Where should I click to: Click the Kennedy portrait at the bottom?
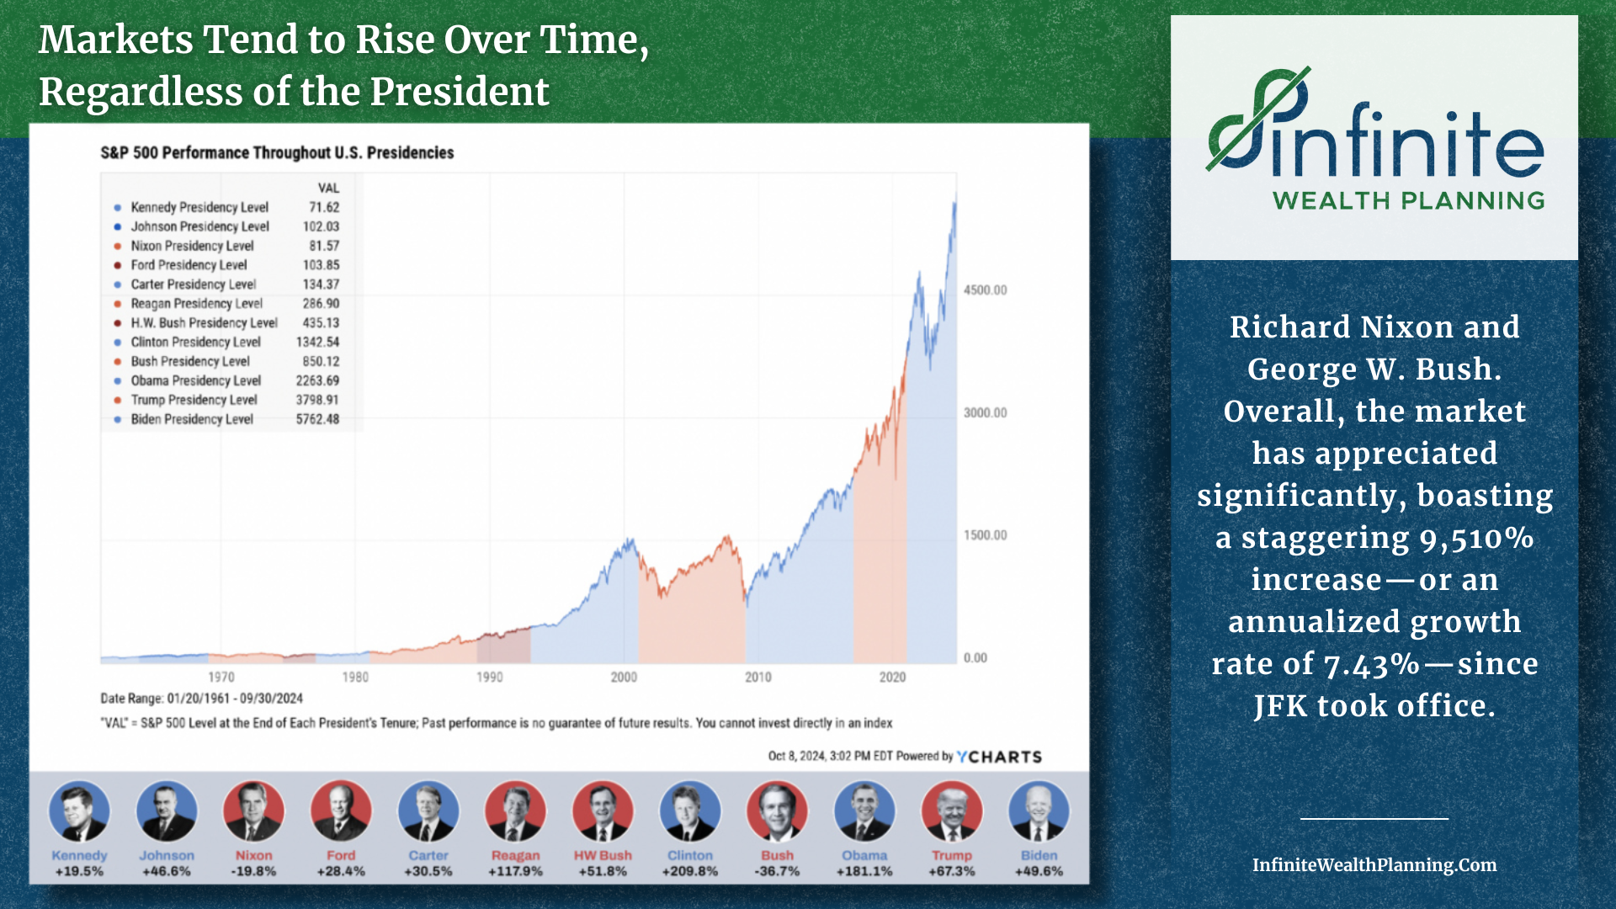point(79,811)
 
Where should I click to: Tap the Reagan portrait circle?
point(515,811)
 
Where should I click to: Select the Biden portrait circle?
point(1039,811)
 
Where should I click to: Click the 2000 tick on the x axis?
point(624,678)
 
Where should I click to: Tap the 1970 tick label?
point(221,678)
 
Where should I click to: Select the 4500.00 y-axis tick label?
point(985,290)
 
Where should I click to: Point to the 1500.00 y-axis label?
point(985,535)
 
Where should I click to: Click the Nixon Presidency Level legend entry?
point(192,246)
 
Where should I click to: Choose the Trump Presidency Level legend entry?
point(194,400)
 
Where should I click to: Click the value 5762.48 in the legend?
point(317,419)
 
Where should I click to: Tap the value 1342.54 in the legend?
point(317,342)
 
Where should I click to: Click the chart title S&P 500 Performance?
point(277,152)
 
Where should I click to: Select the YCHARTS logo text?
point(1000,757)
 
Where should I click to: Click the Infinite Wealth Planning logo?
point(1374,138)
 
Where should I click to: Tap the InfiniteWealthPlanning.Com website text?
point(1374,865)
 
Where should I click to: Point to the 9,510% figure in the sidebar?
point(1476,539)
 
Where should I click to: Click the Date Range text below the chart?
point(201,699)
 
